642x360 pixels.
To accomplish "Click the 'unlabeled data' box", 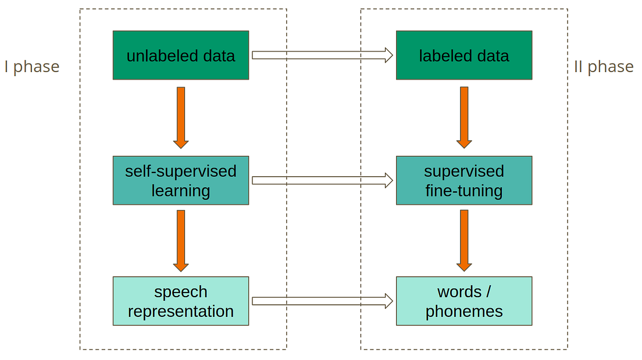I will (181, 55).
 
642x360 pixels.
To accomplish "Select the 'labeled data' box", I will (463, 55).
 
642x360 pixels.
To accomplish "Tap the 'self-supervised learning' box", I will (181, 180).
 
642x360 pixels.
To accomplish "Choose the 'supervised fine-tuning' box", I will (463, 180).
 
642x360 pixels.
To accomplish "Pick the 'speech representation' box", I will (181, 301).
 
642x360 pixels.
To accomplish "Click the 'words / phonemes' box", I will (463, 301).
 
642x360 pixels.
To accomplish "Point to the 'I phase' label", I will (32, 67).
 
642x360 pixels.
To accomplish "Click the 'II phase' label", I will (604, 67).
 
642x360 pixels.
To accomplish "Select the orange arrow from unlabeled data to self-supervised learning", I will (181, 117).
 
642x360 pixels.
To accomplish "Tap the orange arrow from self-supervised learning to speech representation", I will (181, 240).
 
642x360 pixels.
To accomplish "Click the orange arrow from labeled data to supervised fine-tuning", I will (463, 117).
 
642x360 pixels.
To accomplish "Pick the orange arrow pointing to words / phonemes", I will (463, 240).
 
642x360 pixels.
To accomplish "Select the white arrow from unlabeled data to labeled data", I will (322, 55).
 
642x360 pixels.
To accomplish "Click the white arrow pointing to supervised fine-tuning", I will (322, 180).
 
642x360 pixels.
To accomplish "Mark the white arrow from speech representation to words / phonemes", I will (322, 301).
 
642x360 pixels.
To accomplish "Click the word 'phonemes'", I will (463, 311).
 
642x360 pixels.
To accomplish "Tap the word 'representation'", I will (181, 311).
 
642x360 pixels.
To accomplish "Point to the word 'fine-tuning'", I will (463, 191).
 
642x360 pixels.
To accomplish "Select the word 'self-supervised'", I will (181, 171).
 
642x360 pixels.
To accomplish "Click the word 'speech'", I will (181, 291).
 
